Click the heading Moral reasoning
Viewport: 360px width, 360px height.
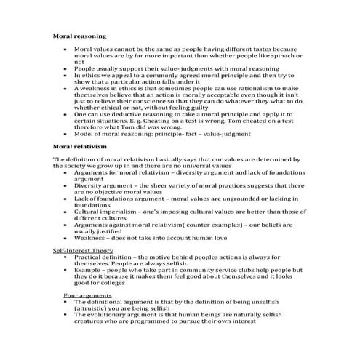[80, 35]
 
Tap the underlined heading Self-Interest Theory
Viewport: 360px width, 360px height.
[82, 250]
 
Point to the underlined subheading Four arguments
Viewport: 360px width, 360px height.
[81, 295]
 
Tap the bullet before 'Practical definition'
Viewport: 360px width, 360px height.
[66, 257]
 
